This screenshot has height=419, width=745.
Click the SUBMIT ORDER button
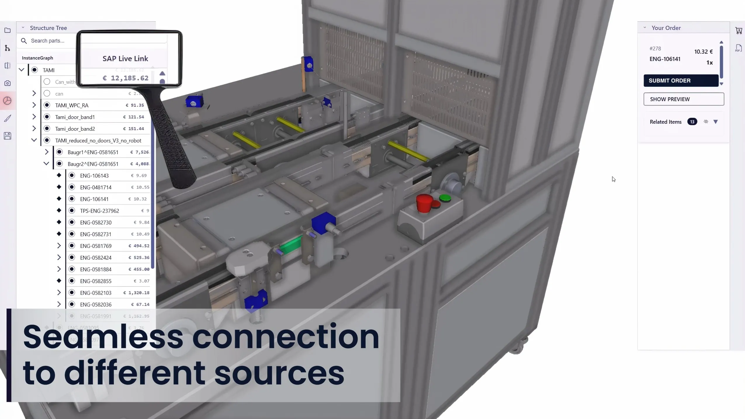[681, 81]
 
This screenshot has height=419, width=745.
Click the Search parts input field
[50, 41]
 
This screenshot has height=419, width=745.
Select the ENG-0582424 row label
[96, 258]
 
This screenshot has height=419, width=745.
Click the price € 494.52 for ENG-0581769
[139, 246]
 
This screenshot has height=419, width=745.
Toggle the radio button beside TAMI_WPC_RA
[47, 105]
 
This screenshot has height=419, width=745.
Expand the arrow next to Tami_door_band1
[34, 117]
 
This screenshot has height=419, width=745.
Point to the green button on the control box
[445, 198]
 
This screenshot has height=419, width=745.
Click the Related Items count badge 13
[692, 122]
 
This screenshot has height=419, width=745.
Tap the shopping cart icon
[739, 30]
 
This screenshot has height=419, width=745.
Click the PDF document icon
[739, 48]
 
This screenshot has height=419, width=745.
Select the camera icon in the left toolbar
[8, 83]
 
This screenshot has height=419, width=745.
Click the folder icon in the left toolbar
[8, 30]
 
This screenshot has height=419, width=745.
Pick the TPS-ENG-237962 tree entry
[99, 211]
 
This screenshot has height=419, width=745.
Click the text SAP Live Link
[125, 59]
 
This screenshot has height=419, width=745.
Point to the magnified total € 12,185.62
[126, 78]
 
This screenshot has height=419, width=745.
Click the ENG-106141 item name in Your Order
[665, 59]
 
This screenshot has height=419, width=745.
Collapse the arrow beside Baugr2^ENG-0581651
[46, 164]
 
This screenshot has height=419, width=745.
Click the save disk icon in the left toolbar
[8, 136]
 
